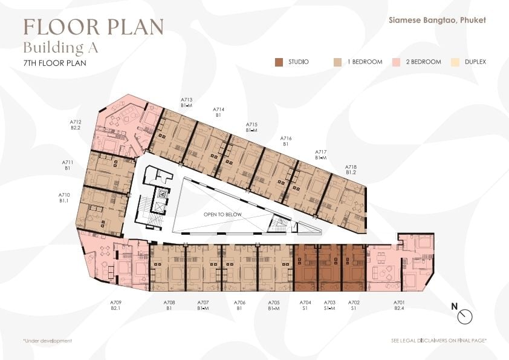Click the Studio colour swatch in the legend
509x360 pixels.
click(x=279, y=62)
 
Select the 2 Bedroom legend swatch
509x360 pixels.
click(x=397, y=62)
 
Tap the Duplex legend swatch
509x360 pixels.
click(x=455, y=62)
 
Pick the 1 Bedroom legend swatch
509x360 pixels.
click(x=337, y=62)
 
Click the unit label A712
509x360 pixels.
click(x=76, y=122)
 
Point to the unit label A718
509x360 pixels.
click(x=351, y=167)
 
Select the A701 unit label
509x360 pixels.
click(x=399, y=303)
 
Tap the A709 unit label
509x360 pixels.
click(x=115, y=303)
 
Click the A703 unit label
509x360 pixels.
click(x=329, y=303)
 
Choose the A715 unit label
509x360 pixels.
click(x=251, y=125)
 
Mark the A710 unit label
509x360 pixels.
click(x=64, y=195)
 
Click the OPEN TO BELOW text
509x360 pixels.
click(x=222, y=214)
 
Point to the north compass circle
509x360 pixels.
click(x=465, y=316)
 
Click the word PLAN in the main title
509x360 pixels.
click(x=135, y=27)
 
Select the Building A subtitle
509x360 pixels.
click(x=60, y=48)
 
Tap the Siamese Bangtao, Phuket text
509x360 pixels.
click(x=437, y=20)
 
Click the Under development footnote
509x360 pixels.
click(x=47, y=341)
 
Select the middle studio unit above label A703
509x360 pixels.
click(x=329, y=268)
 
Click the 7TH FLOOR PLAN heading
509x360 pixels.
click(x=55, y=63)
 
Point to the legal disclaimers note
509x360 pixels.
click(x=439, y=341)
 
